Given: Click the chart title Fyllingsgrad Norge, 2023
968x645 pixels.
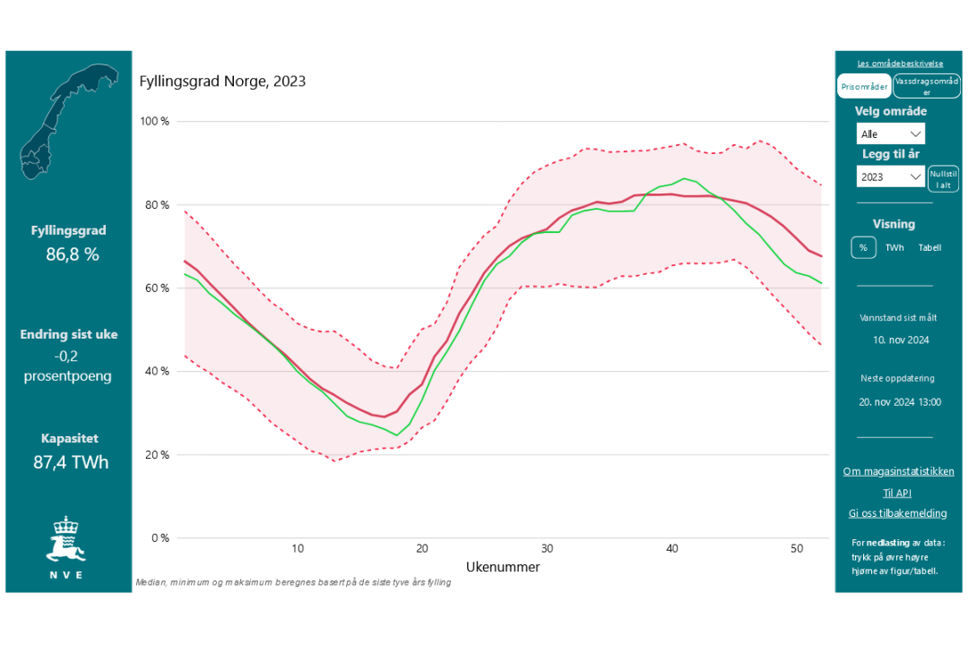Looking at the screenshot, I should [222, 82].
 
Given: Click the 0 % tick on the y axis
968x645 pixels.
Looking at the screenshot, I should [160, 538].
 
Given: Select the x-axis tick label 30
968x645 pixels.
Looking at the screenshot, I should [546, 549].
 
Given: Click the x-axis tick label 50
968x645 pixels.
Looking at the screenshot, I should [796, 549].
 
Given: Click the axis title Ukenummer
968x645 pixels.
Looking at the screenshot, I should [503, 567].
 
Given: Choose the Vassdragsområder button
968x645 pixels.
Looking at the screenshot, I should [927, 87].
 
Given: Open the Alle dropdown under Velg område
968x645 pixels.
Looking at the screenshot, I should [890, 134].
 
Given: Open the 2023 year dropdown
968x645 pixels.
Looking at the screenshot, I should [890, 177].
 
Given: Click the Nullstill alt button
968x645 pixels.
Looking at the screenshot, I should [944, 178].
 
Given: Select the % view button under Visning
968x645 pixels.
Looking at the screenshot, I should [863, 248].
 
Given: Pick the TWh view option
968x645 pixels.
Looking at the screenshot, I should [895, 248].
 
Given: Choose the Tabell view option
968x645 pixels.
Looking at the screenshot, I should [929, 248].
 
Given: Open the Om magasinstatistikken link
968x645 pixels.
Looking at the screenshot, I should [898, 471].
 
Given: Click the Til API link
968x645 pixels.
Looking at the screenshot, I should [897, 493].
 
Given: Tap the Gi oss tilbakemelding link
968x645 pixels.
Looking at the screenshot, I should [897, 513].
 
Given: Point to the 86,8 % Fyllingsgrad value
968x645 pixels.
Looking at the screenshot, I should [72, 254].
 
